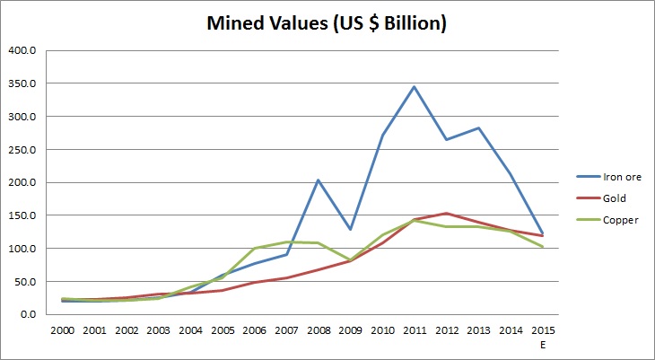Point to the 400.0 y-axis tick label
coord(21,50)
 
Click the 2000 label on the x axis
coord(61,329)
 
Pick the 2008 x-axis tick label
coord(319,329)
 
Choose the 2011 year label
coord(415,329)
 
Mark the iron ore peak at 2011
coord(415,86)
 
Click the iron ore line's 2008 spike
coord(319,180)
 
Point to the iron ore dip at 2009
coord(351,229)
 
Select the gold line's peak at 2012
coord(447,213)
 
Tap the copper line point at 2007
coord(286,241)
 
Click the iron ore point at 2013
coord(479,127)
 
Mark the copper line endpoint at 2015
coord(543,247)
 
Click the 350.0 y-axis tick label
coord(21,83)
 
